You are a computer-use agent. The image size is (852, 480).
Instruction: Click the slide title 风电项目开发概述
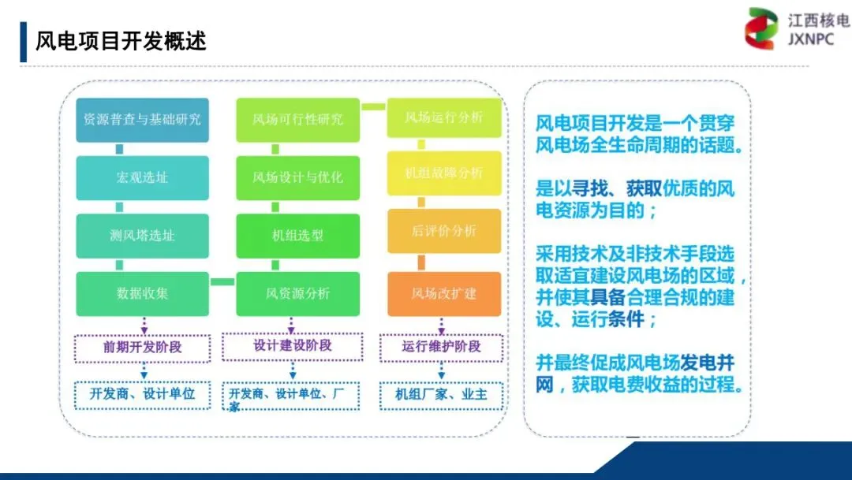(x=121, y=41)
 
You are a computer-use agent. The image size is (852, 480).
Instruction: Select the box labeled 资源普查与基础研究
(x=142, y=120)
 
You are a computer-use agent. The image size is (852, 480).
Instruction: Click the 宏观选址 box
(x=142, y=177)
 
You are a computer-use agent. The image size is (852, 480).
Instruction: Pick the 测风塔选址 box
(x=142, y=236)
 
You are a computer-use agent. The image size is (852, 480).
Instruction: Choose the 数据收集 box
(x=142, y=293)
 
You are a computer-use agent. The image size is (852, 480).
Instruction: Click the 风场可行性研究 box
(x=298, y=120)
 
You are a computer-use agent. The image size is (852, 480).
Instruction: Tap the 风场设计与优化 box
(x=298, y=177)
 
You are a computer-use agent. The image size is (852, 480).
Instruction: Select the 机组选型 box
(x=298, y=236)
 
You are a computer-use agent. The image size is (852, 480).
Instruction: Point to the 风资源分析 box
(x=298, y=293)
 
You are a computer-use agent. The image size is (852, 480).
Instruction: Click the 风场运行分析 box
(x=443, y=118)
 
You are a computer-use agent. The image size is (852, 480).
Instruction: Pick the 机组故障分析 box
(x=443, y=173)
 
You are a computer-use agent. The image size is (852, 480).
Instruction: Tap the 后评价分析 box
(x=443, y=231)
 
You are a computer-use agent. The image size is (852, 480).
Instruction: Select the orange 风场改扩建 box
(x=443, y=293)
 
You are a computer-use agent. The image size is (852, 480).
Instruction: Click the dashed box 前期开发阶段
(x=142, y=347)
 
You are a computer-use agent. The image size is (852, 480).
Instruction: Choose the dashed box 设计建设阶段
(x=292, y=346)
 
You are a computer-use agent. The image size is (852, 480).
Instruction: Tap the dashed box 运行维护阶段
(x=441, y=347)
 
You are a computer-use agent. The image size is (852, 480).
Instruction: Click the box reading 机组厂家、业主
(x=441, y=394)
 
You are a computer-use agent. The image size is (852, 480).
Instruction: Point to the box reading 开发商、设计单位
(x=142, y=394)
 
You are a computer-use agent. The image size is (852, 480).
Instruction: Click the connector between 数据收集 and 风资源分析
(x=222, y=281)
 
